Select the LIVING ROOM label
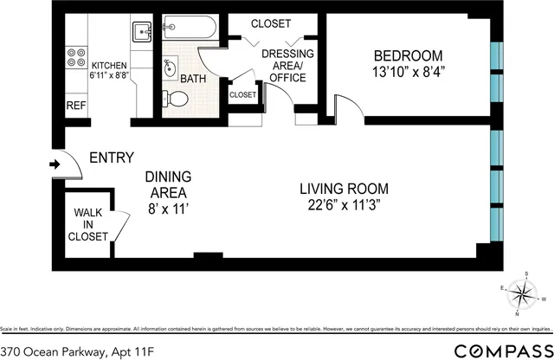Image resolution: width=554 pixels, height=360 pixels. tap(344, 189)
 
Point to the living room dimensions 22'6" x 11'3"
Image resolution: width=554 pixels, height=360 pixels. tap(344, 206)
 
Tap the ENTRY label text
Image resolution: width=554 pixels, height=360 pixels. tap(112, 157)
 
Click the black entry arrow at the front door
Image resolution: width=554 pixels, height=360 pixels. tap(54, 164)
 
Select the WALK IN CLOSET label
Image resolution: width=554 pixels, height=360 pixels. tap(90, 223)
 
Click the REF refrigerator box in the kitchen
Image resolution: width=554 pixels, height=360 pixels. tap(75, 105)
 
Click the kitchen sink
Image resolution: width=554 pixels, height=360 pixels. tap(144, 32)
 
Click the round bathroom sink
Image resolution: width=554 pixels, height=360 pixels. tap(170, 67)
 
